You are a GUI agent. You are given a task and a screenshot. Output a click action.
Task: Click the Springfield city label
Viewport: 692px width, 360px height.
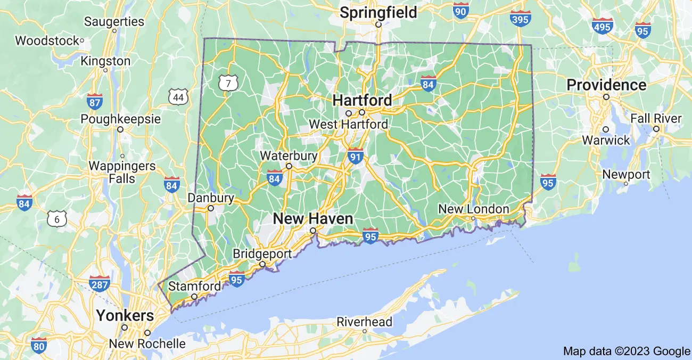click(x=378, y=12)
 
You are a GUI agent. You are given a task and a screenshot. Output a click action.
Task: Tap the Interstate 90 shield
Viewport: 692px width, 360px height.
click(x=461, y=10)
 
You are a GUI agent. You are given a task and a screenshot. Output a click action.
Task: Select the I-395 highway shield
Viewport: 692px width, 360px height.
click(x=520, y=19)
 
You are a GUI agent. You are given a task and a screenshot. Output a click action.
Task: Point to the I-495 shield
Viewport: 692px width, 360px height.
click(x=602, y=25)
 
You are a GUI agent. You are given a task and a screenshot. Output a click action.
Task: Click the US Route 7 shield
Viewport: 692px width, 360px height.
click(x=228, y=83)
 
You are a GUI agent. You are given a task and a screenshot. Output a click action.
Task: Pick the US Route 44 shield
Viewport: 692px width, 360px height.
click(x=178, y=96)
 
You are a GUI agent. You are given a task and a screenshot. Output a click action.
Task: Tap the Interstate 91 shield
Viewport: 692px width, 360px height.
click(x=356, y=156)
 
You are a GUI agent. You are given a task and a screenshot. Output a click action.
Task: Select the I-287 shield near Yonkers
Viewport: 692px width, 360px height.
click(x=100, y=284)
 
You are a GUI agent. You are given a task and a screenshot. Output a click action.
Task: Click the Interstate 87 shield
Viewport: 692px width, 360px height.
click(x=94, y=101)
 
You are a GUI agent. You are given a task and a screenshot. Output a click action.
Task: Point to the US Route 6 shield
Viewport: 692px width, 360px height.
click(x=56, y=218)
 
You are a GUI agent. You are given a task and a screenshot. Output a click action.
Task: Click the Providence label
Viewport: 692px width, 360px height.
click(x=606, y=85)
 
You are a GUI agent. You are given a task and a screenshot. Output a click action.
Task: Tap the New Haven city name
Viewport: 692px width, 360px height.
click(x=313, y=218)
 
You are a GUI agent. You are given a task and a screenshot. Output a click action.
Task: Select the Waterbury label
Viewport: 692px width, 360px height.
click(x=289, y=156)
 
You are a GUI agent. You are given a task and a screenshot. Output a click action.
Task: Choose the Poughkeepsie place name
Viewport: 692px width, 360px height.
click(x=120, y=118)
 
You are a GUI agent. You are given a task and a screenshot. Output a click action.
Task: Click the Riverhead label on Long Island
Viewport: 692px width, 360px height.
click(x=365, y=322)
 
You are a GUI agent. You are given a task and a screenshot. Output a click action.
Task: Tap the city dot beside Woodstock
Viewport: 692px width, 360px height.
click(x=82, y=40)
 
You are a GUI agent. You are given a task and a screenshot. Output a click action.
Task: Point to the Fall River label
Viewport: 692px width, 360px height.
click(x=656, y=118)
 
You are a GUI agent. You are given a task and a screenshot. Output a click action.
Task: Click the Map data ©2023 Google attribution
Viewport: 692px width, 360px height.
click(x=627, y=351)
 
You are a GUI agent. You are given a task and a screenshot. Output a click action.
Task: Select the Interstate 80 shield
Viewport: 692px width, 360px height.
click(x=38, y=345)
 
